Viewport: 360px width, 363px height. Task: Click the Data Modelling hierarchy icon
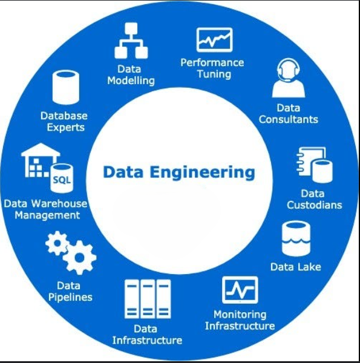(131, 41)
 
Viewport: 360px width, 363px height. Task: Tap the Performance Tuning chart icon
(214, 40)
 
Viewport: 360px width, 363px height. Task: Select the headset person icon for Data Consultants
(288, 78)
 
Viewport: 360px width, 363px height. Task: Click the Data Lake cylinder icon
(296, 238)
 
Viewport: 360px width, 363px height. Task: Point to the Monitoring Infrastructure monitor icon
(240, 290)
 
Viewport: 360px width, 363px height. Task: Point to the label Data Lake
(295, 267)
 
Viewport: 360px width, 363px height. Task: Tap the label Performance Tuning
(212, 68)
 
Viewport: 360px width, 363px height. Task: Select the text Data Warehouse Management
(46, 209)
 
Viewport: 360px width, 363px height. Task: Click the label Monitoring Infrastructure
(240, 321)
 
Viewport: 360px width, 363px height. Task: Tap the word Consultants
(288, 119)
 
